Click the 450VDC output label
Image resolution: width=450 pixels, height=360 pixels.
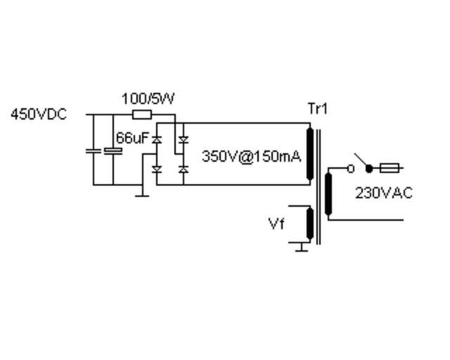[x=39, y=115]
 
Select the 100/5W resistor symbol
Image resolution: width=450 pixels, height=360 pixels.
[x=142, y=114]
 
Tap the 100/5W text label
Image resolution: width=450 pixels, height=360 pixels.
[x=148, y=99]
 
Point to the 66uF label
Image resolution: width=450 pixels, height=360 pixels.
[x=132, y=138]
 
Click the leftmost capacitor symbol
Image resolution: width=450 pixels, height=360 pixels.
[x=94, y=150]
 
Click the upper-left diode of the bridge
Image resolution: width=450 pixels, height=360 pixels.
[x=156, y=140]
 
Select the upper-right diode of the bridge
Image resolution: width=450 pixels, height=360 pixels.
[x=184, y=140]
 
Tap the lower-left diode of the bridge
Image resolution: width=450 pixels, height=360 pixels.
[x=156, y=169]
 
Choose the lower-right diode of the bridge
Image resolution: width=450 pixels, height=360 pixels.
[x=184, y=169]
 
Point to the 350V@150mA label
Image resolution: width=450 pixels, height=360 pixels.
[x=251, y=156]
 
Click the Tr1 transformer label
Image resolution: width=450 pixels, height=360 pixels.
[x=318, y=109]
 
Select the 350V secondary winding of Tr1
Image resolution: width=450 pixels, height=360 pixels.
[x=309, y=154]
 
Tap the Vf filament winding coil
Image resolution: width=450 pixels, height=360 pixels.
[x=309, y=224]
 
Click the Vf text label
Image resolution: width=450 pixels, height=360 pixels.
[x=276, y=224]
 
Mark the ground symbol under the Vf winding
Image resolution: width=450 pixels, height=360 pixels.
[x=302, y=247]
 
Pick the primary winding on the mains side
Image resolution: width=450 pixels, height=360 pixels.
[x=328, y=193]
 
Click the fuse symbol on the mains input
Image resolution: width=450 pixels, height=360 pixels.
[x=390, y=168]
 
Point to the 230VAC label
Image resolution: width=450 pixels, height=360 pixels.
[x=383, y=193]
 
